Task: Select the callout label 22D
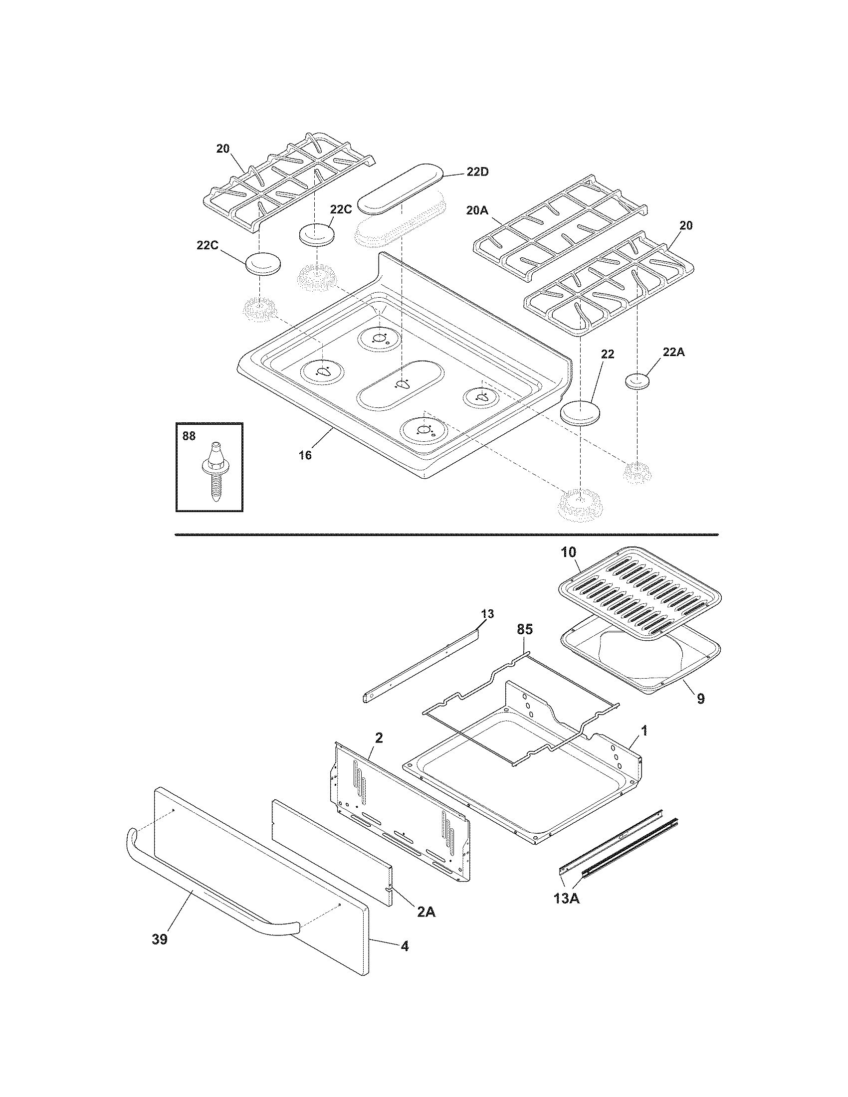pos(477,172)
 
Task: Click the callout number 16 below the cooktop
pos(305,455)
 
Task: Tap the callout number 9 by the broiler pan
pos(701,698)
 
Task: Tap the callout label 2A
pos(426,912)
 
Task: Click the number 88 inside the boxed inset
pos(189,436)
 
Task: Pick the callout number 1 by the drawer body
pos(644,731)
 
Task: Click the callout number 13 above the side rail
pos(487,614)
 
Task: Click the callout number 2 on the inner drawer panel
pos(379,737)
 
